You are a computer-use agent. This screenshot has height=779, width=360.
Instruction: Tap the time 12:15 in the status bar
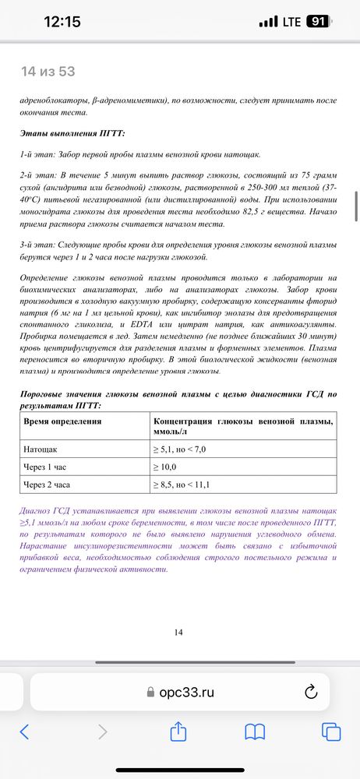62,22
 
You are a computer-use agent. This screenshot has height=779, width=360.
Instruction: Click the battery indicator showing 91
317,22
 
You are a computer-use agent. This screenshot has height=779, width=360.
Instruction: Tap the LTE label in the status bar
291,22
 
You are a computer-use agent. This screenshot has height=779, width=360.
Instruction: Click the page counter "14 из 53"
48,72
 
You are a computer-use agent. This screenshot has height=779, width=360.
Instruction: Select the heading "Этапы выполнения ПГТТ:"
72,133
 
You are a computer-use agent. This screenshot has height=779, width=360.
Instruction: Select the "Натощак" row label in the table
44,449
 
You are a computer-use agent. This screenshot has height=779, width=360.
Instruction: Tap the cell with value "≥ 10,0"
165,467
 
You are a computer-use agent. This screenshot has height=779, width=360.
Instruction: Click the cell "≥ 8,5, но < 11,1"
184,485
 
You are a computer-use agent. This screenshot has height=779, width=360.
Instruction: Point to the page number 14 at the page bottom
178,632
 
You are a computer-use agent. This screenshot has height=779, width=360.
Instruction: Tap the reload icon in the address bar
310,691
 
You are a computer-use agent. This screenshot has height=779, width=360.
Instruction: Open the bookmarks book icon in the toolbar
255,731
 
